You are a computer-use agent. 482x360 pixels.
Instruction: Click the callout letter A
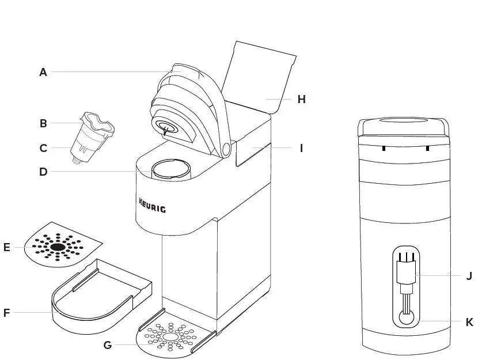tap(43, 72)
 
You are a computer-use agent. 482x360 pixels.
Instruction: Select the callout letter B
tap(43, 123)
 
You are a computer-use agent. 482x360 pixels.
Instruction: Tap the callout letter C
tap(43, 148)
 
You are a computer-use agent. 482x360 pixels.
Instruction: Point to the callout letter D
tap(43, 172)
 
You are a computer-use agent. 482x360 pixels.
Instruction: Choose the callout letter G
tap(107, 346)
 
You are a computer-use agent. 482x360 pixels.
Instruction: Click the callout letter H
tap(301, 99)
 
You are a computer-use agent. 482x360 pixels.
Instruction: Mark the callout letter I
tap(301, 148)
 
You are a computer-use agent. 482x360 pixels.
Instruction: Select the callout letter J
tap(469, 275)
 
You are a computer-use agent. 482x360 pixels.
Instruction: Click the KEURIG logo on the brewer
tap(152, 205)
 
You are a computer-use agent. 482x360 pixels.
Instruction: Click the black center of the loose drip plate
tap(58, 247)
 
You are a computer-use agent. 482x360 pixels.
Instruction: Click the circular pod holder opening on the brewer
tap(170, 169)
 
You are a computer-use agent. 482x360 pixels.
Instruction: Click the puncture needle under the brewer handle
tap(166, 131)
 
